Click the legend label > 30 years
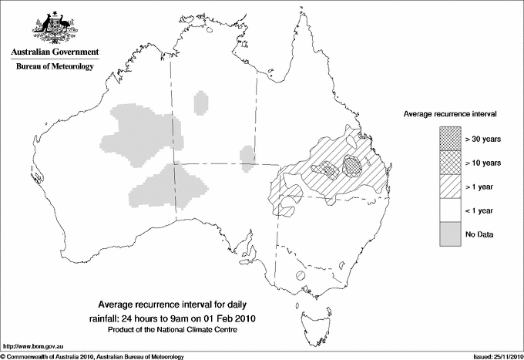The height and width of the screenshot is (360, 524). pos(482,140)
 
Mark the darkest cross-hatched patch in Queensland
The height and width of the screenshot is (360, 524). pos(353,165)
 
